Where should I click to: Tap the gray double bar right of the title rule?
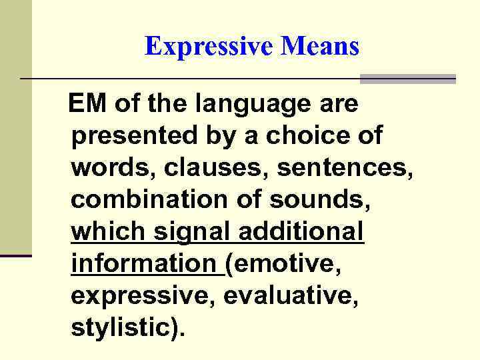tap(407, 79)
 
